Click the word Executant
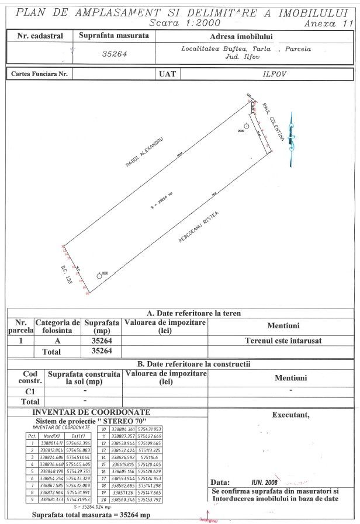(290, 415)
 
